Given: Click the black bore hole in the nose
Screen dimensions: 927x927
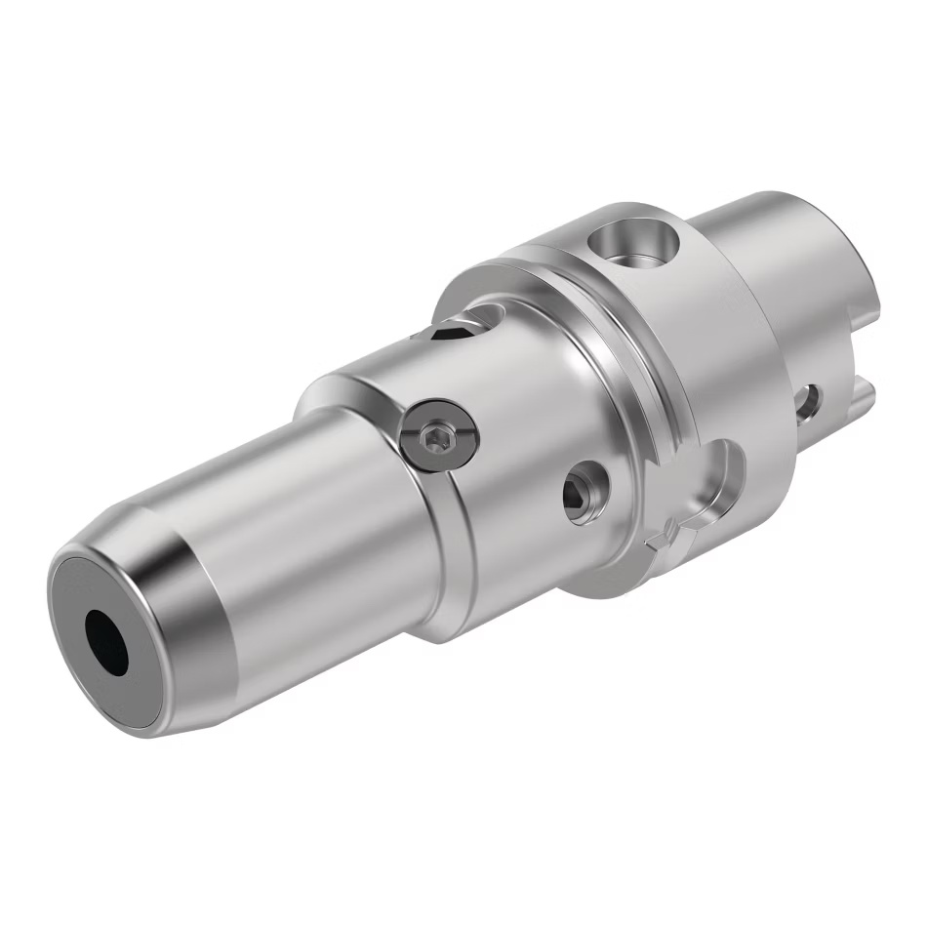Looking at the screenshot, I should pos(107,641).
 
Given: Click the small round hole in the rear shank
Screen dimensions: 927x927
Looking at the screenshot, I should pos(809,403).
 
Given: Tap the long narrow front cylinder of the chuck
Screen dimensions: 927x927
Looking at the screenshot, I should pos(293,546).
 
